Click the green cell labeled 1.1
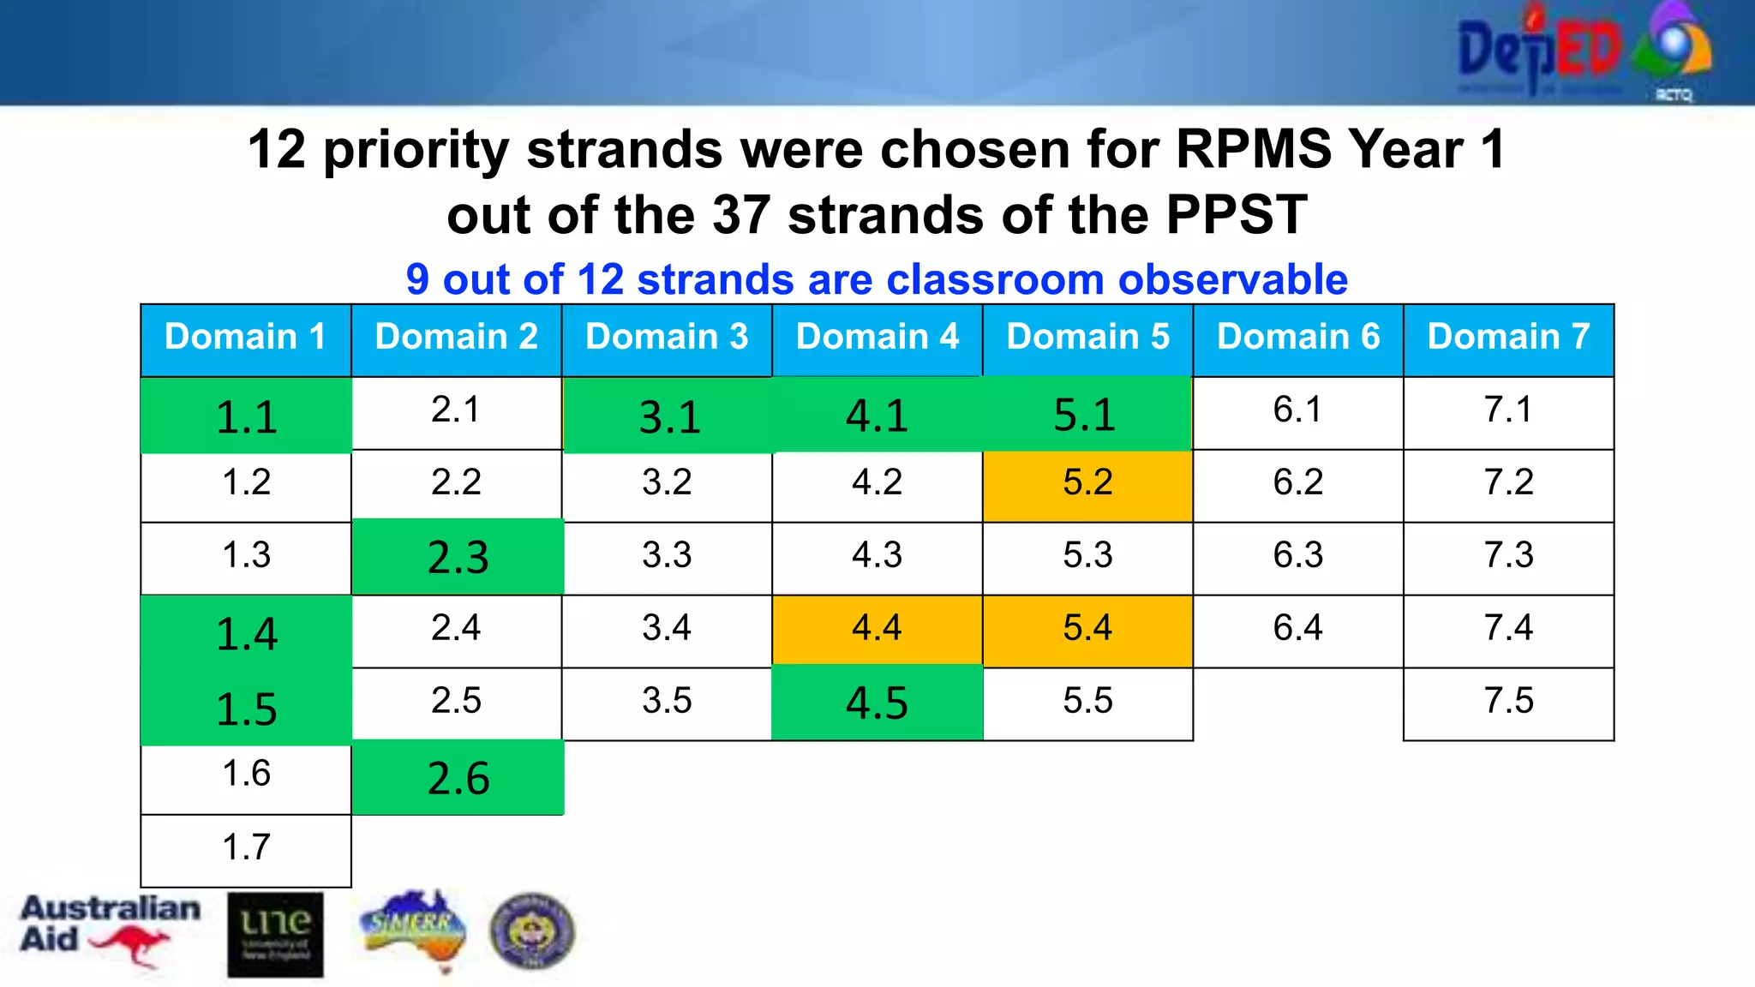coord(246,416)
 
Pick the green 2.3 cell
coord(458,557)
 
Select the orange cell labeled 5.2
coord(1087,483)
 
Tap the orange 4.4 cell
coord(877,629)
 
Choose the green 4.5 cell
coord(877,703)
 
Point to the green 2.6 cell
coord(458,778)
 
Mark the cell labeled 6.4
coord(1297,629)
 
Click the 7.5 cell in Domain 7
coord(1508,702)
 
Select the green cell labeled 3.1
coord(668,416)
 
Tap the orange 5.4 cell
coord(1087,629)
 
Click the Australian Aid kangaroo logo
coord(109,930)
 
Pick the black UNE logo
coord(275,935)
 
